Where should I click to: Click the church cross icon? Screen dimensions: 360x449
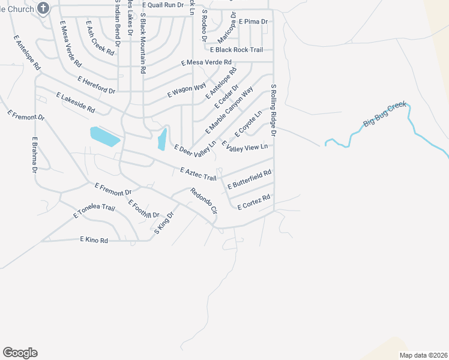43,8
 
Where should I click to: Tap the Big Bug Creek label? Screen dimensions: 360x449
385,116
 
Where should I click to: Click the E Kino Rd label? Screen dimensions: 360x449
94,240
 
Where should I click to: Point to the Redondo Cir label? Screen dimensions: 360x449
203,202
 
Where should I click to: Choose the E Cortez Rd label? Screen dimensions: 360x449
254,202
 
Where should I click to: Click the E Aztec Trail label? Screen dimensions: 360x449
197,174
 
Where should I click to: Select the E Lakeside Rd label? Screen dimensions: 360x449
76,103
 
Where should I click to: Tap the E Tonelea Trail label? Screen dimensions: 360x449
94,211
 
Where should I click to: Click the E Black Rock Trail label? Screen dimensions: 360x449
236,50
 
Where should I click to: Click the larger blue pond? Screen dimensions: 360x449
104,136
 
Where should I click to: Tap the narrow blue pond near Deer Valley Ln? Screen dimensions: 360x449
161,140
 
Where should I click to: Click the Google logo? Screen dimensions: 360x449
20,353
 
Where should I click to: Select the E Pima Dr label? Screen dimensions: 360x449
253,21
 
